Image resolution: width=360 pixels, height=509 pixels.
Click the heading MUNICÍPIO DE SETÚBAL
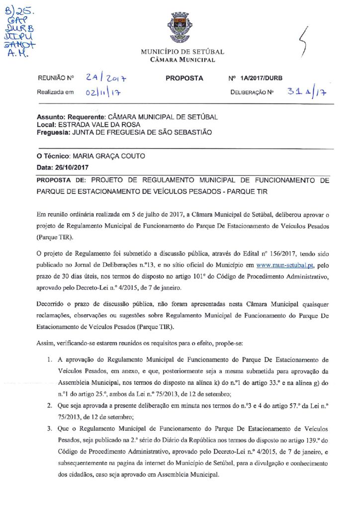pyautogui.click(x=182, y=52)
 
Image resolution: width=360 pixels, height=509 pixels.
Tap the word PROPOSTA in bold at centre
pyautogui.click(x=184, y=78)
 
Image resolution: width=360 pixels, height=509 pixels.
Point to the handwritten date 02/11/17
pyautogui.click(x=104, y=92)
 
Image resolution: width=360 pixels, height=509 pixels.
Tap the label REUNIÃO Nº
pyautogui.click(x=55, y=79)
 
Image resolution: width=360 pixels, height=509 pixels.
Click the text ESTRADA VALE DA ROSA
pyautogui.click(x=99, y=124)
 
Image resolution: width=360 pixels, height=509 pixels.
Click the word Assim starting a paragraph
pyautogui.click(x=46, y=344)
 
